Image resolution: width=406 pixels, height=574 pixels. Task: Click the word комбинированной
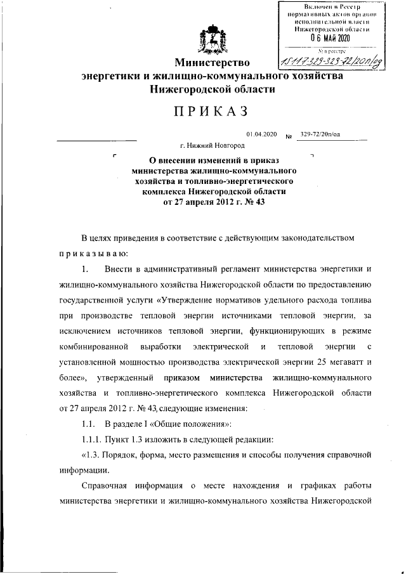click(x=96, y=347)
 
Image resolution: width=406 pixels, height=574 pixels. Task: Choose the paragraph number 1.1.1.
click(x=93, y=439)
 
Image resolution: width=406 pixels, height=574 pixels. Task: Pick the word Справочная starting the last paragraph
click(x=107, y=486)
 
